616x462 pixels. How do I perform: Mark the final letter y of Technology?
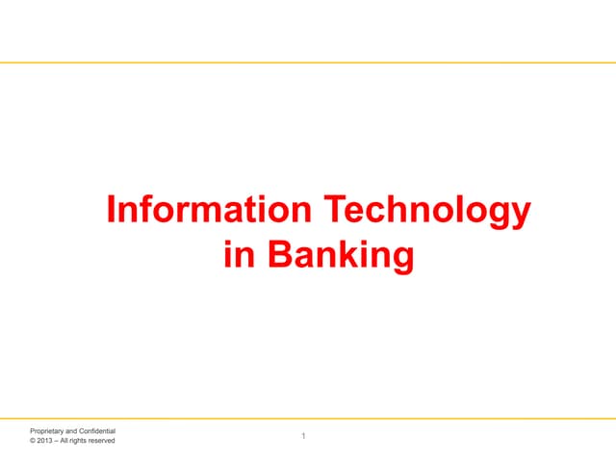coord(520,216)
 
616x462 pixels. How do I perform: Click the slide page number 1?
coord(303,438)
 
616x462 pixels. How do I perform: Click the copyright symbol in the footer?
coord(33,441)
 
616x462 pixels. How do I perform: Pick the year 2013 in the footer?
coord(46,441)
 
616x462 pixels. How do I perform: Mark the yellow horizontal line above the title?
coord(308,64)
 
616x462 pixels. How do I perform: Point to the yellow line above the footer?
coord(308,419)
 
